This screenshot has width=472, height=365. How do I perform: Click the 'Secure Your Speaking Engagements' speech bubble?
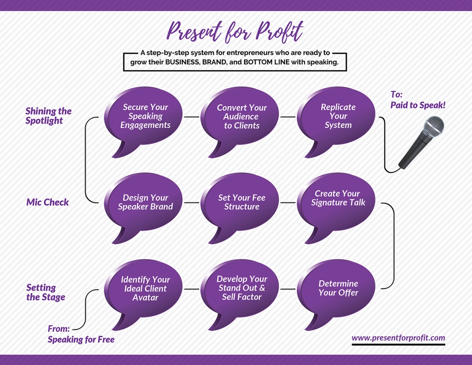point(145,116)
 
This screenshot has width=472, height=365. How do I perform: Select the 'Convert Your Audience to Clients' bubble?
point(241,117)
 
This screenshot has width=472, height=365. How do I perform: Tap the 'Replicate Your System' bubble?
point(338,116)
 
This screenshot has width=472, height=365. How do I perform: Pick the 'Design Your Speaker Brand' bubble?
point(145,202)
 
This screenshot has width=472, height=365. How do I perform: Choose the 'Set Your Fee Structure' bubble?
point(241,202)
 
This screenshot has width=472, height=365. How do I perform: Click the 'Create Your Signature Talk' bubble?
point(338,198)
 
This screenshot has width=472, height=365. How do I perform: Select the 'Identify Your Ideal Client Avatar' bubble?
point(145,288)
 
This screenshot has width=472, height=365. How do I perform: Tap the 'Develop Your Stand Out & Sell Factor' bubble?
point(241,288)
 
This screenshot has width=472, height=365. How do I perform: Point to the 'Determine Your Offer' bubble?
point(338,288)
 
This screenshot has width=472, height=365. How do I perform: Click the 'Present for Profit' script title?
point(235,32)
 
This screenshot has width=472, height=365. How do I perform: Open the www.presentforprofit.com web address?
point(398,338)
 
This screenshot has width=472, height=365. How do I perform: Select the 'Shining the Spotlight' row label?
point(48,116)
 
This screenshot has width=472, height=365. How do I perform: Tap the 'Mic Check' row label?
point(47,202)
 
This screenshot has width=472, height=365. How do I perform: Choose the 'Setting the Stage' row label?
point(45,292)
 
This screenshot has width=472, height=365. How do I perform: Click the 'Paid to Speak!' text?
point(418,105)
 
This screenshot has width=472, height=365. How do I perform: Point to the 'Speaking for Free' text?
point(81,339)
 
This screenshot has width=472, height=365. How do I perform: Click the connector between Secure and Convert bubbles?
point(192,117)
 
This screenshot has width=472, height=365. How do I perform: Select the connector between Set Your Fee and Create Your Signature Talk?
point(288,202)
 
